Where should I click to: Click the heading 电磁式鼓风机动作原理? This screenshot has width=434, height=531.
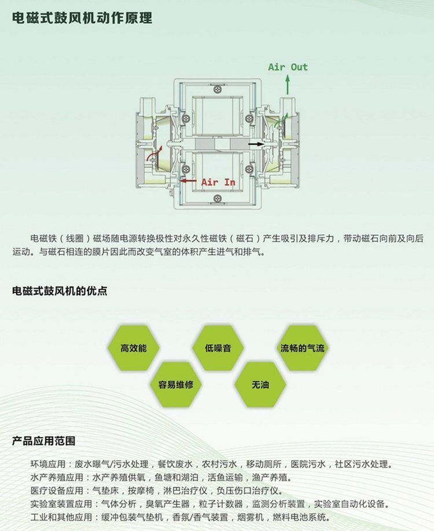pos(82,17)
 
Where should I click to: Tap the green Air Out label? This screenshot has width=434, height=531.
pos(288,67)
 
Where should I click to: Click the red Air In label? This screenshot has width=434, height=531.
pos(218,182)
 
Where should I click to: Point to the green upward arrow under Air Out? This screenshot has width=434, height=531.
pos(288,85)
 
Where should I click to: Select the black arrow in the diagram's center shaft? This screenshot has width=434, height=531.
pos(256,144)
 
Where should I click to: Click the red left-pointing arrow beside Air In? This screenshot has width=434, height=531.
pos(188,180)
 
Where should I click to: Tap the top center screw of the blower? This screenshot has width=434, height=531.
pos(217,89)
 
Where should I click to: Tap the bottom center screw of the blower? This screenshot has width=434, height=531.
pos(217,198)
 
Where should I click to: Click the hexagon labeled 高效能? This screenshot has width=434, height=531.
pos(134,348)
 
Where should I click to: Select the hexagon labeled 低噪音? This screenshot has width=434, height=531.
pos(218,348)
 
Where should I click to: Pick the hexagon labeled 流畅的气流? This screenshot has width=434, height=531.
pos(303,348)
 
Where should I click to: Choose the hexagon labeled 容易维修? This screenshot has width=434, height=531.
pos(176,384)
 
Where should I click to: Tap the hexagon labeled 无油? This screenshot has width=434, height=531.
pos(260,384)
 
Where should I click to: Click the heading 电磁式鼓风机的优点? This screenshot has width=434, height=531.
pos(60,291)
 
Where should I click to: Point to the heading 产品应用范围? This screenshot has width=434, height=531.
pos(43,441)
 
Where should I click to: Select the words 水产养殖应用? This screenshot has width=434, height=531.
pos(57,478)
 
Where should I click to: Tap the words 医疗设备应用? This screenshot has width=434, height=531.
pos(57,490)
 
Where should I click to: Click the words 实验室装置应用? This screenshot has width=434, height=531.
pos(61,504)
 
